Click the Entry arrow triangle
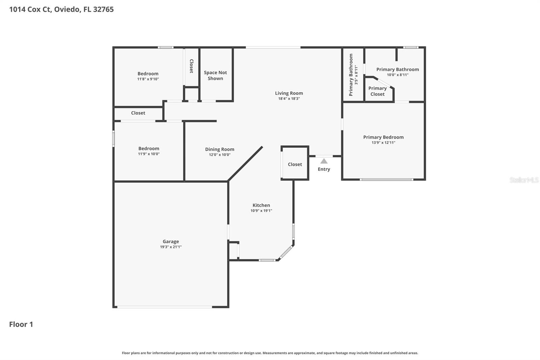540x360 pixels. coord(324,161)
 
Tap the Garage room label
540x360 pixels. coord(171,241)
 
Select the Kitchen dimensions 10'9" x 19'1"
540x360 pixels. coord(261,211)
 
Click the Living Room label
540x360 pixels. coord(289,93)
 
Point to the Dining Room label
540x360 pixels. coord(220,149)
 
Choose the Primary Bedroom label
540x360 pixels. coord(383,137)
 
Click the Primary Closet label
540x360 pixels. coord(377,91)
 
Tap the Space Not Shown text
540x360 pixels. coord(215,75)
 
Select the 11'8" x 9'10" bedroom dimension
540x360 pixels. coord(148,79)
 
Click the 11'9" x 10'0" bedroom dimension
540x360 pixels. coord(149,154)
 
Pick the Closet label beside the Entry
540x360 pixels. coord(295,164)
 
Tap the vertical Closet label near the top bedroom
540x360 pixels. coord(191,66)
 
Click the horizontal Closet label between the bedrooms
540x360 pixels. coord(138,113)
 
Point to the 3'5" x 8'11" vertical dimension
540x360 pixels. coord(356,75)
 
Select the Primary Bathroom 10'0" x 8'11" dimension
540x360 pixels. coord(398,75)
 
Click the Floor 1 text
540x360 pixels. coord(21,324)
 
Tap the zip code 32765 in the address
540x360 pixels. coord(103,9)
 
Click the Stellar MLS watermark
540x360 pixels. coord(524,180)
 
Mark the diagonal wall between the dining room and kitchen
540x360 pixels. coord(245,164)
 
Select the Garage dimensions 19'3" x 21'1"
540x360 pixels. coord(171,247)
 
